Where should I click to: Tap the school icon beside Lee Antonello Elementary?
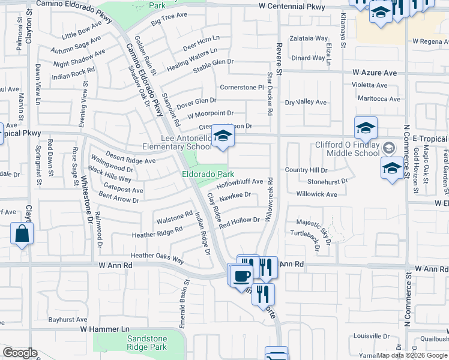pos(223,137)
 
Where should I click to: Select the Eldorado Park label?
pos(208,174)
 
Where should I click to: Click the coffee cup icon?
pos(241,275)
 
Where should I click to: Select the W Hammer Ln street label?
pos(105,329)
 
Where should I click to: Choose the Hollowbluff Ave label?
pos(240,181)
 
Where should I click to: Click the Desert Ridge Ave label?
pos(131,160)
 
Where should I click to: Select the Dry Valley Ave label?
pos(306,102)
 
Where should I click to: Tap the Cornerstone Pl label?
pos(242,87)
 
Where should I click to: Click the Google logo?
pos(20,352)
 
